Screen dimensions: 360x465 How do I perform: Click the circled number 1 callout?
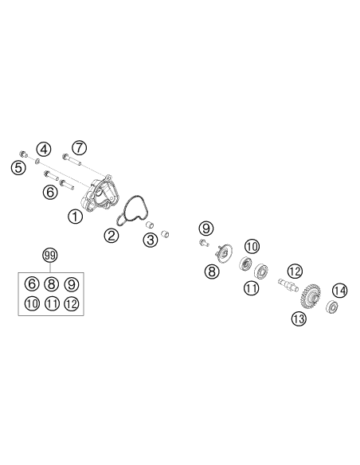(76, 217)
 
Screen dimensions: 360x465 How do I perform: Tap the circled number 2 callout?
(112, 236)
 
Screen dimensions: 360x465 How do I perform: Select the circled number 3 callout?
(151, 240)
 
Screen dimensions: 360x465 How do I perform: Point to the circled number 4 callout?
(44, 150)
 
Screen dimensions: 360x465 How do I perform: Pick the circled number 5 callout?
(18, 168)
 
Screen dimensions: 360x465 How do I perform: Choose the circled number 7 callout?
(79, 147)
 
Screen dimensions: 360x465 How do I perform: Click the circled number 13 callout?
(299, 318)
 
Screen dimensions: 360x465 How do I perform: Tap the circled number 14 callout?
(339, 291)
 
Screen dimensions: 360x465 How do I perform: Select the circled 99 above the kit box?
(50, 255)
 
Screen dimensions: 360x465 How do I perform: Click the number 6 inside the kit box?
(32, 283)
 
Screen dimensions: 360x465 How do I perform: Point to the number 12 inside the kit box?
(72, 303)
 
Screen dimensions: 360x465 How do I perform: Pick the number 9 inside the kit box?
(72, 283)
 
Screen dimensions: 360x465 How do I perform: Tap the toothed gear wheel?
(311, 295)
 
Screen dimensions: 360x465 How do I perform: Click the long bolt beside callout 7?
(72, 159)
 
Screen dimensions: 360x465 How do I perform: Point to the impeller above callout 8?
(224, 253)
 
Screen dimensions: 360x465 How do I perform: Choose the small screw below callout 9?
(204, 243)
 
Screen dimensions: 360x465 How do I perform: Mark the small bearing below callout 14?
(332, 307)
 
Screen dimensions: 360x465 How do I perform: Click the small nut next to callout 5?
(23, 154)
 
